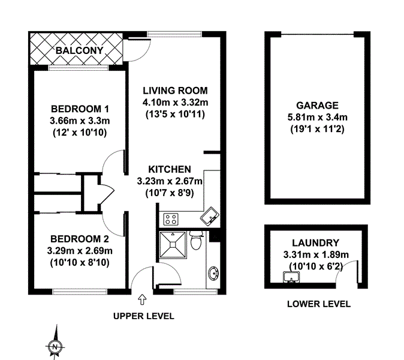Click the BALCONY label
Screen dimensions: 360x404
click(x=79, y=50)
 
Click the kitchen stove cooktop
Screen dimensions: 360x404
click(x=171, y=219)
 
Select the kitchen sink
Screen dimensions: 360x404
click(x=210, y=216)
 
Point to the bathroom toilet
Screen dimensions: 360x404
click(x=195, y=242)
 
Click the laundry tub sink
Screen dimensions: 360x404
click(x=291, y=277)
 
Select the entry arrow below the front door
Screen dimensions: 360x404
click(x=141, y=298)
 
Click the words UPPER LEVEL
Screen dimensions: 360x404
click(x=144, y=316)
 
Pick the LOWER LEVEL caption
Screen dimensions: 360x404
click(x=318, y=304)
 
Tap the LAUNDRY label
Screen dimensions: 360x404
click(x=315, y=243)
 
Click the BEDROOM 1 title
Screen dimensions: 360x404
click(x=80, y=109)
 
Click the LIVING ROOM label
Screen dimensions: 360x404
click(x=175, y=91)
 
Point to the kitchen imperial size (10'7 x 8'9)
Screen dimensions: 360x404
click(x=170, y=192)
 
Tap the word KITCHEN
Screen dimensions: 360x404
click(x=170, y=169)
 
